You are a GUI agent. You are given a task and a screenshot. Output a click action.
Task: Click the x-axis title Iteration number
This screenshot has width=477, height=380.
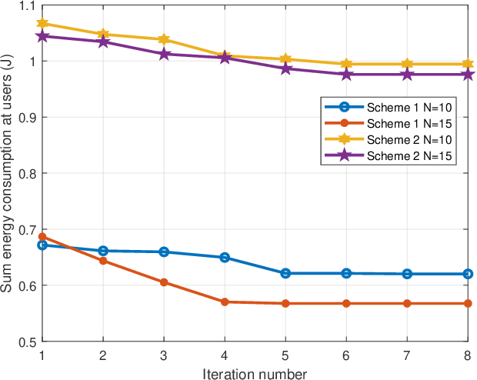tap(255, 373)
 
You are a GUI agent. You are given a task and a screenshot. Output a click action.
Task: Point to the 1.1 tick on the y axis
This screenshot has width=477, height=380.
tap(26, 5)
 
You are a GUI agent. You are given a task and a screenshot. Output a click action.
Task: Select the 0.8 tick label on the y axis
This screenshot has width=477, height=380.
tap(26, 173)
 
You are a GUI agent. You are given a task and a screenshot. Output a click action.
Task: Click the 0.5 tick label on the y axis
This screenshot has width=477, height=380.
tap(26, 342)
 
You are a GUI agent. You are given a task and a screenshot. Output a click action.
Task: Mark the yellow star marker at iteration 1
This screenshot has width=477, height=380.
tap(42, 24)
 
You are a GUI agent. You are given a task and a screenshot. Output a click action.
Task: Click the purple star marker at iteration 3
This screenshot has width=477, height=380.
tap(164, 54)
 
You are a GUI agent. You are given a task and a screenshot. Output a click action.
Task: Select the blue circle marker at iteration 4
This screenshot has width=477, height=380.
tap(225, 257)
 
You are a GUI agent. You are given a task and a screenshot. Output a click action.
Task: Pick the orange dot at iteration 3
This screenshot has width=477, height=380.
tap(164, 282)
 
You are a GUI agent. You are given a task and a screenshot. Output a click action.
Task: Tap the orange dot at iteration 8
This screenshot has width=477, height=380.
tap(468, 303)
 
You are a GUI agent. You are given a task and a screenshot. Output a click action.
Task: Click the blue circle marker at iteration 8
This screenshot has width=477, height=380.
tap(468, 274)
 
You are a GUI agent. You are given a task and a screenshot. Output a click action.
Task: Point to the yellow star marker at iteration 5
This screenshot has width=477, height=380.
tap(285, 59)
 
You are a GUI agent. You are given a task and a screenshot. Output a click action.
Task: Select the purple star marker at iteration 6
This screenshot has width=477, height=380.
tap(346, 74)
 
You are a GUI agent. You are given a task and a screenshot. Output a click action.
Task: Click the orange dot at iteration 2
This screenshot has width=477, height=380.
tap(103, 261)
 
